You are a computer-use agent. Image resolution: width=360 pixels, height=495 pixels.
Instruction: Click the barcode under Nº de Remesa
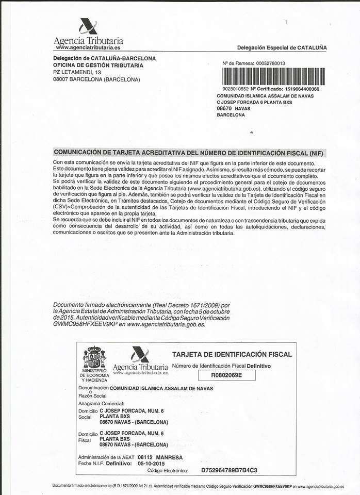click(x=273, y=77)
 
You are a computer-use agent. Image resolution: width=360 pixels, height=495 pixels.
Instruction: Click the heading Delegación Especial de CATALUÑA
click(x=282, y=47)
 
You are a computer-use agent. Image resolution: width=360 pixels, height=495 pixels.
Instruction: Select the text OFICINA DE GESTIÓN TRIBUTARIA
click(x=98, y=65)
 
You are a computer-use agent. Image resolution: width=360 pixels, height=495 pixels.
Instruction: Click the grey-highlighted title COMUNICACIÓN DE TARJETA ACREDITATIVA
click(x=189, y=153)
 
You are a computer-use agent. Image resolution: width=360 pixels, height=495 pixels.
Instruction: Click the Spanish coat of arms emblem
click(x=94, y=357)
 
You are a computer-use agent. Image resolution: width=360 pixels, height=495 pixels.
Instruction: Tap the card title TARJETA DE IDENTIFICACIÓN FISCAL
click(x=232, y=354)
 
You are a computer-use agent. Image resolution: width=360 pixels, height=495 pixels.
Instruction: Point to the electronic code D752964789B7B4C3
click(x=228, y=470)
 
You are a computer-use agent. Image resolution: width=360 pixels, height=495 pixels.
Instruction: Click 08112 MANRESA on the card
click(x=160, y=457)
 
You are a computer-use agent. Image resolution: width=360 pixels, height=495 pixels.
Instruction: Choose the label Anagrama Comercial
click(x=101, y=403)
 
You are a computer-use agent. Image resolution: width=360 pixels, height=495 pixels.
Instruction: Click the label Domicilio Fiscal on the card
click(x=88, y=437)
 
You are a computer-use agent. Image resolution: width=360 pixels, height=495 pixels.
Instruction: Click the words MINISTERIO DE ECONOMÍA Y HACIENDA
click(x=94, y=375)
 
